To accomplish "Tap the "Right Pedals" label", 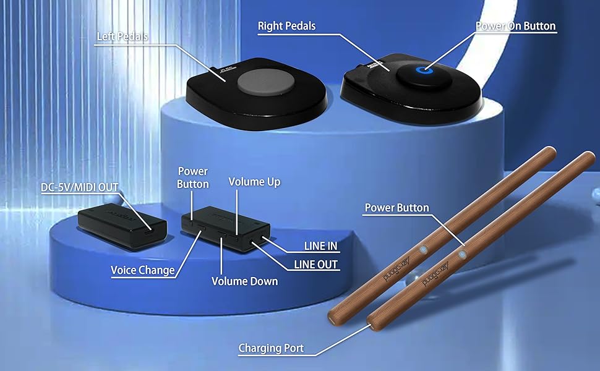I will click(x=286, y=26).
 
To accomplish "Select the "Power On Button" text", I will click(x=515, y=27).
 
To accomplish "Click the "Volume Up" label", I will click(x=254, y=182).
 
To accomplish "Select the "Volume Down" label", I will click(x=244, y=281).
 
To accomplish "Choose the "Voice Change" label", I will click(x=142, y=270).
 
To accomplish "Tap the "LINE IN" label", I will click(x=320, y=246).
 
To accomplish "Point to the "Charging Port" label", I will click(x=271, y=349).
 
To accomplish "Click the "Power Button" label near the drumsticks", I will click(x=396, y=208).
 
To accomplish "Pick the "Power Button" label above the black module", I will click(x=193, y=177).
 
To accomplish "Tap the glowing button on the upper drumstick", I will click(x=423, y=249).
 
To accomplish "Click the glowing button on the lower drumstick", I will click(x=461, y=254).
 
